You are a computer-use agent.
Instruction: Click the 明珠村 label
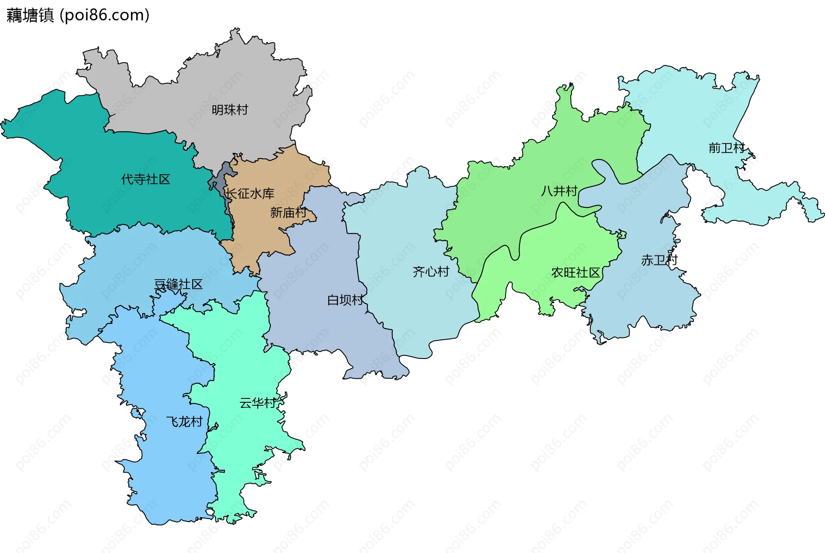[230, 110]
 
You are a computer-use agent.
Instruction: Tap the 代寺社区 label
[146, 179]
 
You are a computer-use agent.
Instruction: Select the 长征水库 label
[250, 194]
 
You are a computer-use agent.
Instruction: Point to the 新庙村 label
[288, 213]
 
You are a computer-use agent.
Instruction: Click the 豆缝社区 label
[178, 284]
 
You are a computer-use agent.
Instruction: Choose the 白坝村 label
[345, 300]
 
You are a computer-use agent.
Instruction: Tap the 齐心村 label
[431, 271]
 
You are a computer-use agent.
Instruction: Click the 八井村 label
[559, 191]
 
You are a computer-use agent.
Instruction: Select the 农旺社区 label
[575, 273]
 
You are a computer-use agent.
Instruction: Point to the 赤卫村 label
[659, 260]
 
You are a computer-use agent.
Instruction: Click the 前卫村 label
[726, 148]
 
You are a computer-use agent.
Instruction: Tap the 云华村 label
[257, 403]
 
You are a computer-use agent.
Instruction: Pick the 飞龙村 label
[184, 422]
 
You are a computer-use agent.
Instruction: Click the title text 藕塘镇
[30, 15]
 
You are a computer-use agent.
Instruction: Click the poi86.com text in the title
[104, 15]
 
